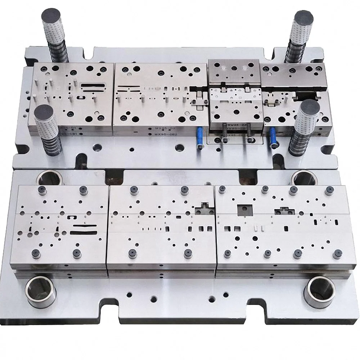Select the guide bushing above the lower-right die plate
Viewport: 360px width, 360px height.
point(304,177)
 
